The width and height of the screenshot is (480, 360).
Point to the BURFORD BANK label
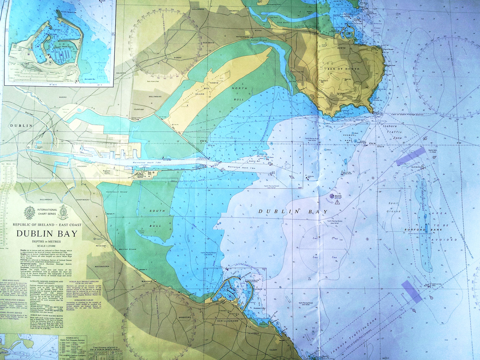pos(415,230)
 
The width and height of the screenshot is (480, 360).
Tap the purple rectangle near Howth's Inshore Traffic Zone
pos(410,156)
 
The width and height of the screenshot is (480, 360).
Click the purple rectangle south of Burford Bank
pos(412,291)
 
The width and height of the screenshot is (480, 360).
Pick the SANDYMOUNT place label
pos(83,200)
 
